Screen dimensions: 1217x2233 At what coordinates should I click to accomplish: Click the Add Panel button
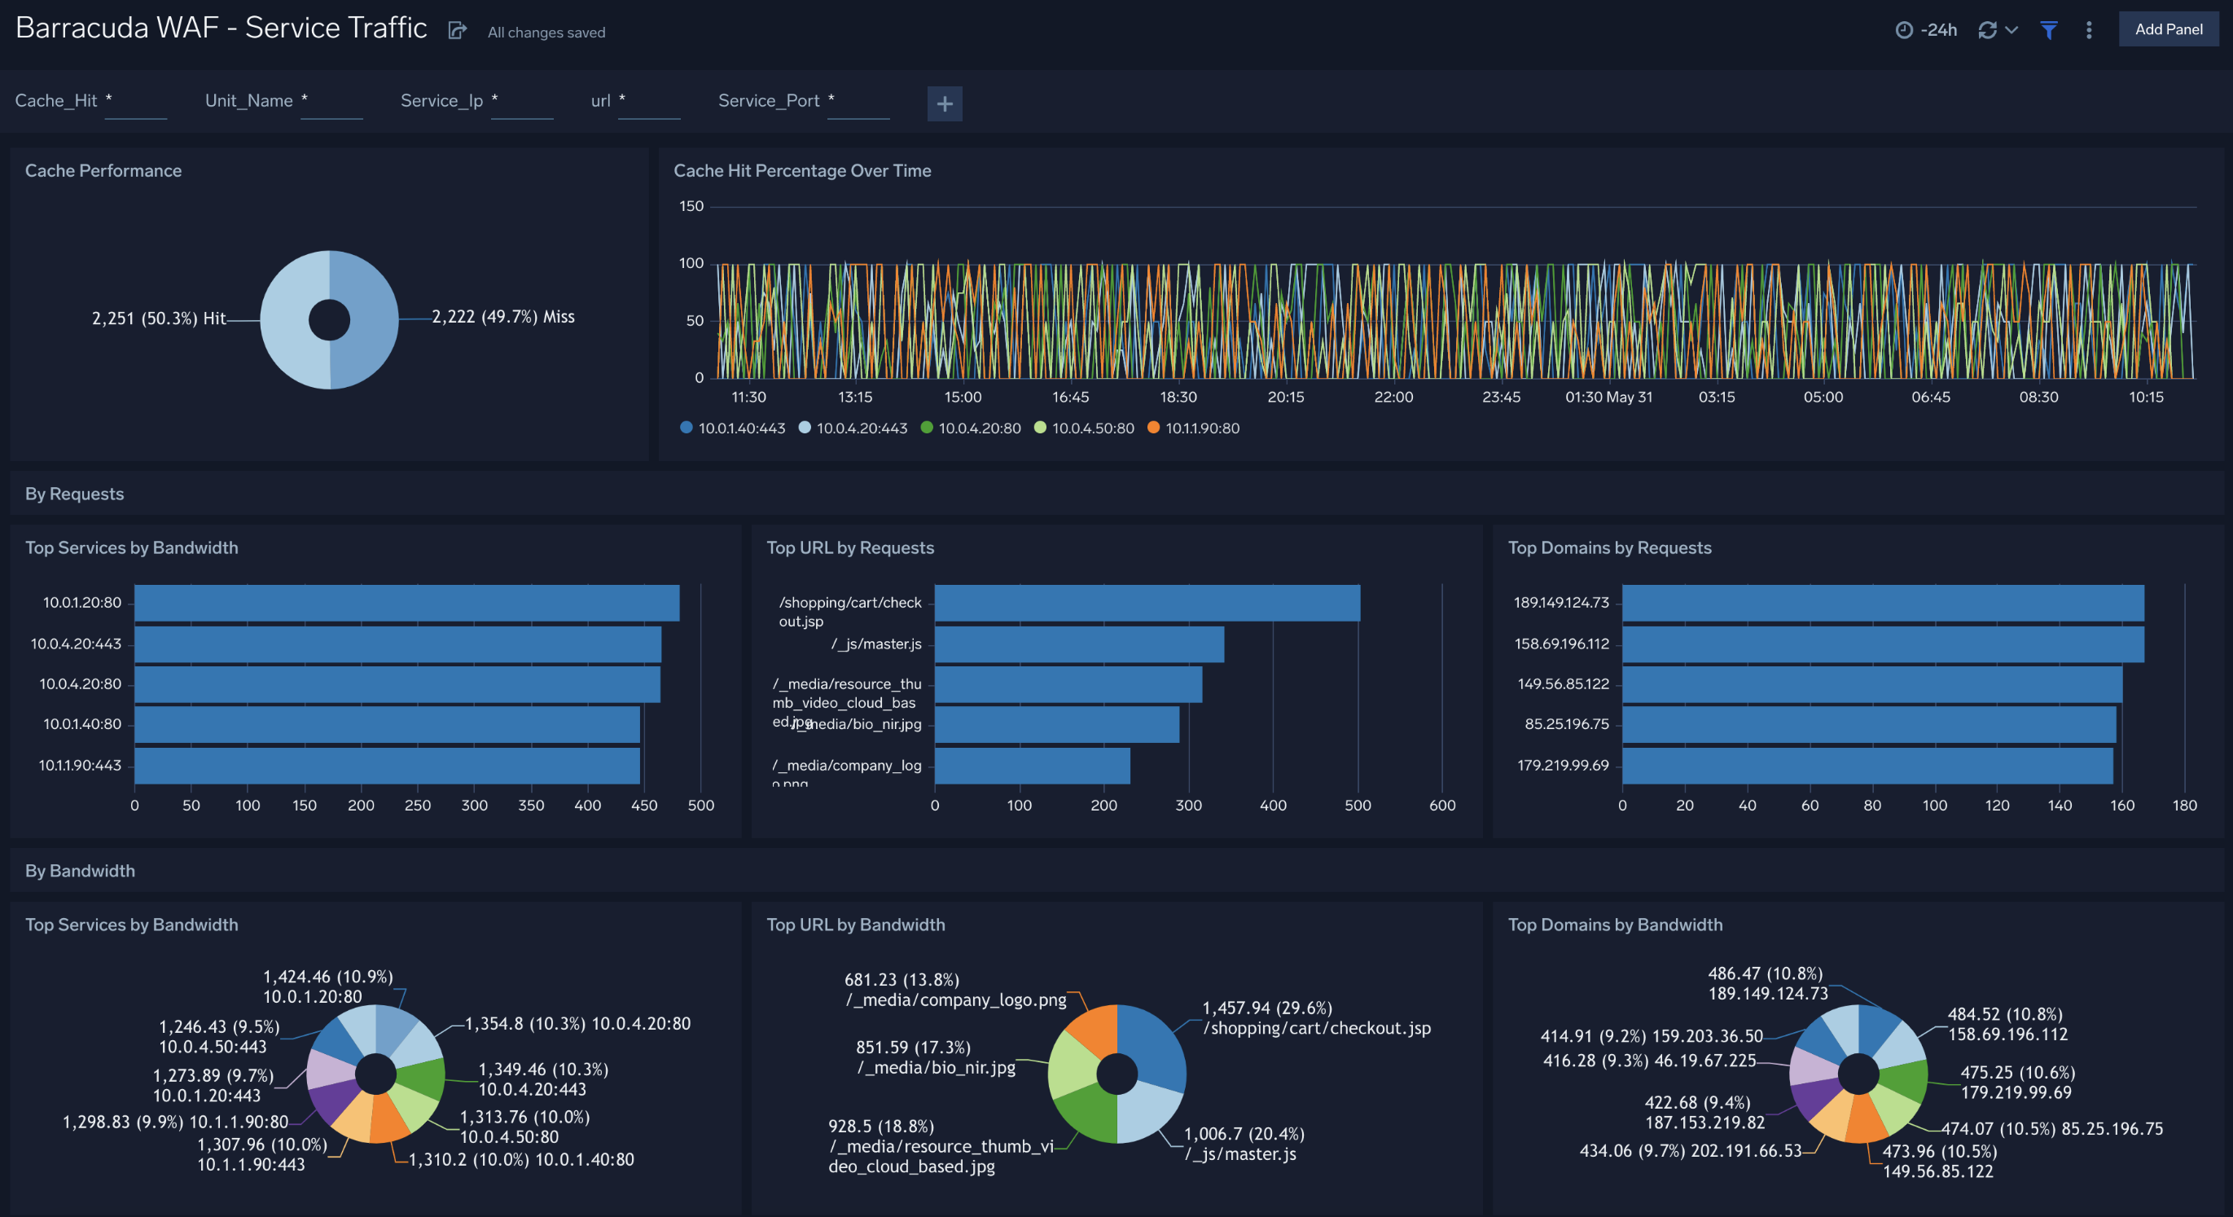2168,29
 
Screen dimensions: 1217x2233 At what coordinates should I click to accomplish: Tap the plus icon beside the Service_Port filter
944,104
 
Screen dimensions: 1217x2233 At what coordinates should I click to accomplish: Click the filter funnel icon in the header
2048,30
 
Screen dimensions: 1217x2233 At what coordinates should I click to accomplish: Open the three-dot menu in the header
2089,30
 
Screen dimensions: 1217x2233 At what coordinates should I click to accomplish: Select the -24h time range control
1926,30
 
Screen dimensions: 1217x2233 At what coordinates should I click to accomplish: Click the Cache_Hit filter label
55,100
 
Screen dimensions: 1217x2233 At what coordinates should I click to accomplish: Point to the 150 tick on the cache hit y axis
691,206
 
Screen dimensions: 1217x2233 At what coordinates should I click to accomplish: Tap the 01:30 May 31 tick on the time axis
1608,397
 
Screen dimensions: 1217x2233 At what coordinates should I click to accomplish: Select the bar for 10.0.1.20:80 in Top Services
406,603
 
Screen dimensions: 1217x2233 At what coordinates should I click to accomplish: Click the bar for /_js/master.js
1078,644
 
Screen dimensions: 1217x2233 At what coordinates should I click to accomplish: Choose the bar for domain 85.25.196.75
1868,725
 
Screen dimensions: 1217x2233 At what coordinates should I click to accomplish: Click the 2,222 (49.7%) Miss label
502,316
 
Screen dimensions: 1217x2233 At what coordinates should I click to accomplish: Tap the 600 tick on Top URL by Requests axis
1441,806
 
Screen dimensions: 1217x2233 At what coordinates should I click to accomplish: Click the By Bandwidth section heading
80,870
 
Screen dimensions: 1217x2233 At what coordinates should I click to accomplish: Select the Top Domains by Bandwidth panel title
1615,925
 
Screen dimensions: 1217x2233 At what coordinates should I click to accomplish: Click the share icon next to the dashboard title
457,31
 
